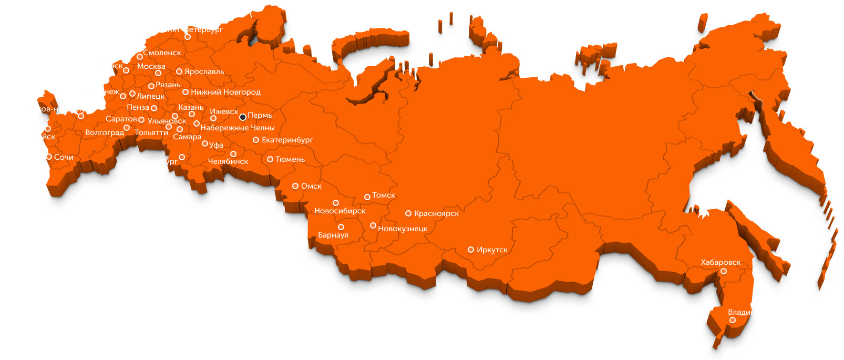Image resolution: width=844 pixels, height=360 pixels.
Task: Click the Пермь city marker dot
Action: click(243, 117)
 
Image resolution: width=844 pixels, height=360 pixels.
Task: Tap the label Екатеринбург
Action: click(287, 140)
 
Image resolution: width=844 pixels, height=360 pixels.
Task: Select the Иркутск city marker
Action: click(471, 250)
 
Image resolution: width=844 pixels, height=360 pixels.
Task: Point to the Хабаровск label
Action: click(721, 262)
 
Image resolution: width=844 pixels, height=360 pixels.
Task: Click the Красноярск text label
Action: click(436, 213)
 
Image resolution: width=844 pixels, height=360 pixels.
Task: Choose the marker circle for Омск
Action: click(295, 186)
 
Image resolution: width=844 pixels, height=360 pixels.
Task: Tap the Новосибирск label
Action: click(339, 211)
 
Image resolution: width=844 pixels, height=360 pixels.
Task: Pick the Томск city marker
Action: click(367, 197)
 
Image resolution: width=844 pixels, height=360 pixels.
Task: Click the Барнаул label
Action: click(333, 235)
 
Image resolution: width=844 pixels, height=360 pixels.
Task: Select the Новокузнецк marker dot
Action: click(373, 225)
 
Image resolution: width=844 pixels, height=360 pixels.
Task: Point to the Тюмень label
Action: click(290, 159)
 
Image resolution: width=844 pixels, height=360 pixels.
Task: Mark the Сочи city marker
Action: click(49, 157)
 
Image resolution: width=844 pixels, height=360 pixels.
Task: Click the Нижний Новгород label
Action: click(225, 92)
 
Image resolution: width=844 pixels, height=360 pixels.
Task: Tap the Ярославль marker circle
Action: click(179, 71)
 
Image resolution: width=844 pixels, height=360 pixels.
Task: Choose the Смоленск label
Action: click(162, 53)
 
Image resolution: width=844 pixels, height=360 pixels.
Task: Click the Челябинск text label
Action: click(228, 161)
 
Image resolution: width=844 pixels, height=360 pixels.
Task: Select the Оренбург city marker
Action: click(182, 157)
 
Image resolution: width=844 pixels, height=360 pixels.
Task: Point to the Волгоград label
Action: click(105, 132)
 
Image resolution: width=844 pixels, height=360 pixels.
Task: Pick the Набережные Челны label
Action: click(238, 128)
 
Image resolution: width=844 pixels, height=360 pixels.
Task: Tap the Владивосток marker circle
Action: click(733, 320)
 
